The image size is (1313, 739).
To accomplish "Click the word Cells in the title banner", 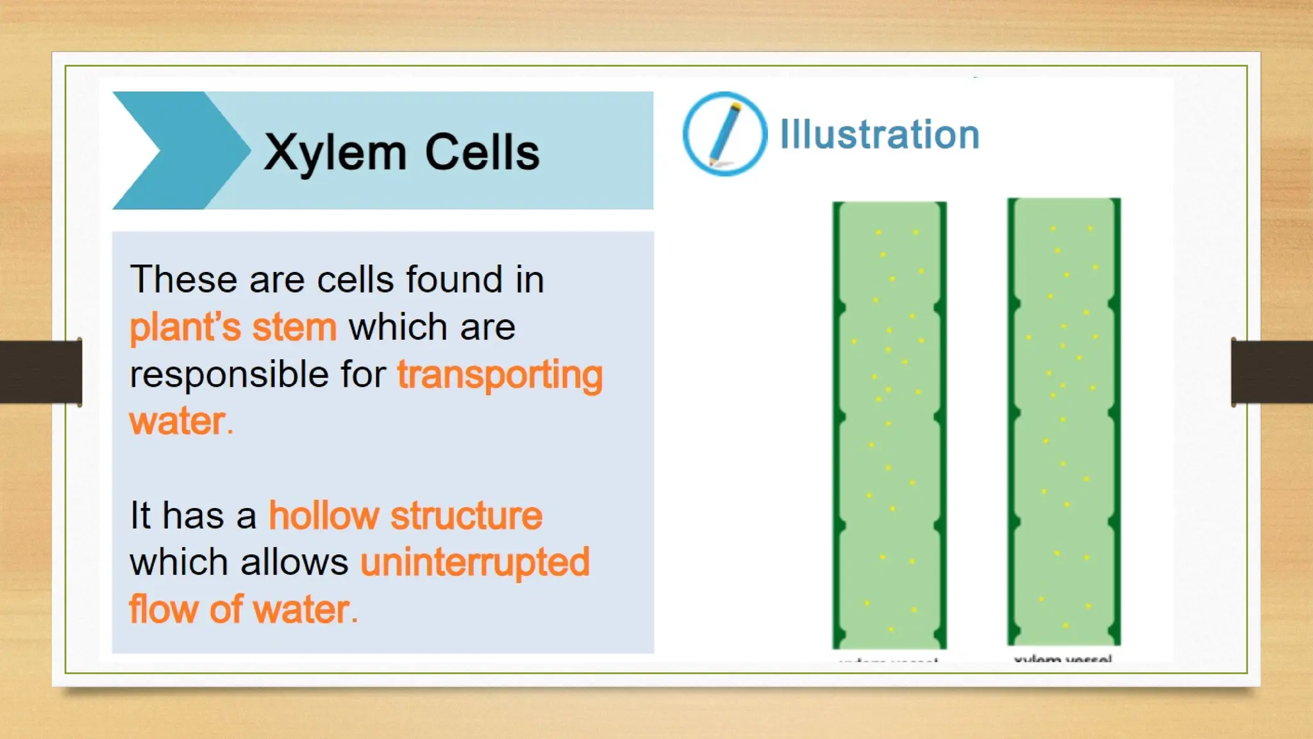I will [482, 153].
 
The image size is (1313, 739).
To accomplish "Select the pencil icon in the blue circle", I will [724, 133].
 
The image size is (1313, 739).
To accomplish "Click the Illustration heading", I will [880, 135].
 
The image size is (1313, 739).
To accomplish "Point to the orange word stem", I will [294, 328].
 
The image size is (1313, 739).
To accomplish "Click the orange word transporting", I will [500, 375].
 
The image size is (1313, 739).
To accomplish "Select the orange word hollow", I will [324, 516].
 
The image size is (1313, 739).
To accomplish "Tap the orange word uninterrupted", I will [474, 563].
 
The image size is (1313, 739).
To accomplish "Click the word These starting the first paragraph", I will [183, 280].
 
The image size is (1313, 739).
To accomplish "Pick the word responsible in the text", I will [229, 375].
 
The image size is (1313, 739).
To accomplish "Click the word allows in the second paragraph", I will [294, 563].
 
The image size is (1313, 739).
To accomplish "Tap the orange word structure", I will [466, 516].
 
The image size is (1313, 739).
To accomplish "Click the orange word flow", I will [163, 609].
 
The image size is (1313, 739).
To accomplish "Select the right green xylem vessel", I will [1064, 421].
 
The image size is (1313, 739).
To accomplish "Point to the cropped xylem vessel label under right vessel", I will [1062, 658].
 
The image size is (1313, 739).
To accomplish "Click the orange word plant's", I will [185, 328].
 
